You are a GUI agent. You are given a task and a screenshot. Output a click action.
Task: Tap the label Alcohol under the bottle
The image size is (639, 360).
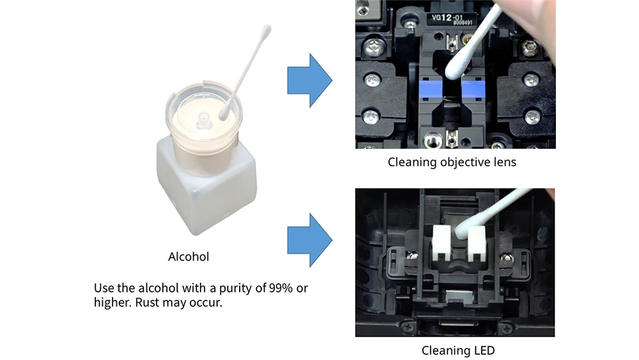189,257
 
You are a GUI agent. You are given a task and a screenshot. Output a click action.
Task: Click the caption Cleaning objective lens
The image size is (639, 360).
452,162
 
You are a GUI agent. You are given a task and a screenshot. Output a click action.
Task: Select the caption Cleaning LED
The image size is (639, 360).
458,350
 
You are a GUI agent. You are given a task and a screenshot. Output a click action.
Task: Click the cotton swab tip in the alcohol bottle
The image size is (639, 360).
224,114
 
